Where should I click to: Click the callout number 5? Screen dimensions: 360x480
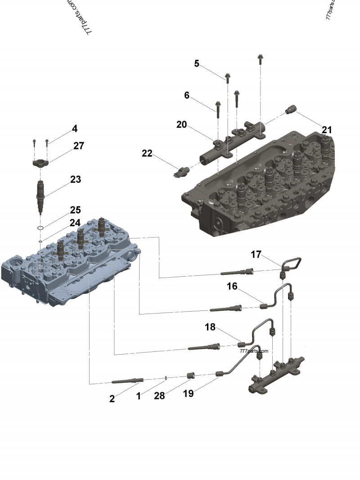click(197, 63)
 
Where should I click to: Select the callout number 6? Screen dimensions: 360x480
click(187, 95)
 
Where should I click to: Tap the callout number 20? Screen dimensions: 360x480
click(182, 125)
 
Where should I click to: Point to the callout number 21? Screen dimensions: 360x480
click(327, 130)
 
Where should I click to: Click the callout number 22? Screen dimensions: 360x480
click(147, 153)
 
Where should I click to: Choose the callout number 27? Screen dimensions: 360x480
click(79, 146)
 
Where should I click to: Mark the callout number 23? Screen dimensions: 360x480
click(76, 179)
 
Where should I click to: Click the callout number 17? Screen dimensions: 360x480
click(256, 255)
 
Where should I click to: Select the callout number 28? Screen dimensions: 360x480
click(159, 395)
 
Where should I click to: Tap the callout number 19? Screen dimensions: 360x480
click(188, 394)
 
